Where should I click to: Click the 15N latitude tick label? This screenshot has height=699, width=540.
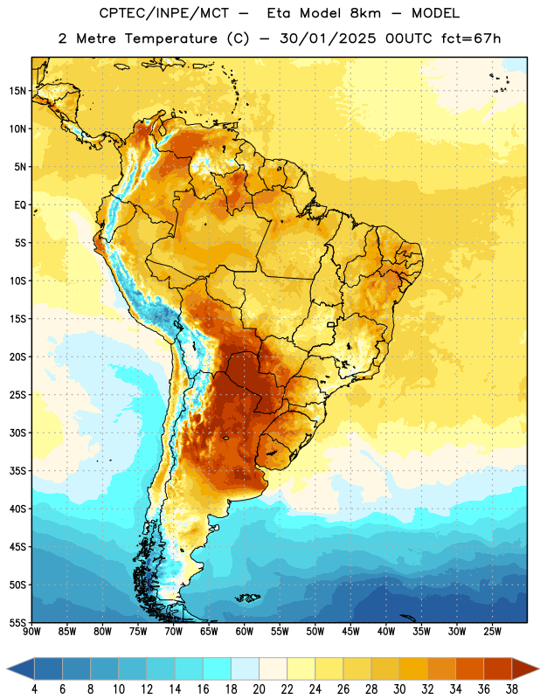17,91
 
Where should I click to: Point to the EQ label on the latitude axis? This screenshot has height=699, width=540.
20,205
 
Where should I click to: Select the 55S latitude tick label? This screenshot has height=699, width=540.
17,622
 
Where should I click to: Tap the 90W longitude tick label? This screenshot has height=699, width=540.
32,632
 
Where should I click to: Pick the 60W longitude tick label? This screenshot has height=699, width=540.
245,632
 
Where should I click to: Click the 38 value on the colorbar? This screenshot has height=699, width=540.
511,689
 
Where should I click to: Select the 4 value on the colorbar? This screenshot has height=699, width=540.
34,689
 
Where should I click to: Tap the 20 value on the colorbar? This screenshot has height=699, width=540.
259,689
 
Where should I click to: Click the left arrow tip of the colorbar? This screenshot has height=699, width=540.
7,669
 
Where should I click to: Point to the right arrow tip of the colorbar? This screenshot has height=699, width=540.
539,669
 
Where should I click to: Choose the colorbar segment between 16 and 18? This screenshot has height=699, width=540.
218,669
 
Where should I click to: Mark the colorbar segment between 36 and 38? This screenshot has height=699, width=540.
498,669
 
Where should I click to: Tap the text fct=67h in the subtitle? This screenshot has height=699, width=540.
471,38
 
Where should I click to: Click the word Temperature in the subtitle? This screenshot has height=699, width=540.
170,38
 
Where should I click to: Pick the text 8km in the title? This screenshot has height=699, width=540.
365,13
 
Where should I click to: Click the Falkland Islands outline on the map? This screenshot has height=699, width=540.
248,598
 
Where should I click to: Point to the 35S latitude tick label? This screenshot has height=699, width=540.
17,471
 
